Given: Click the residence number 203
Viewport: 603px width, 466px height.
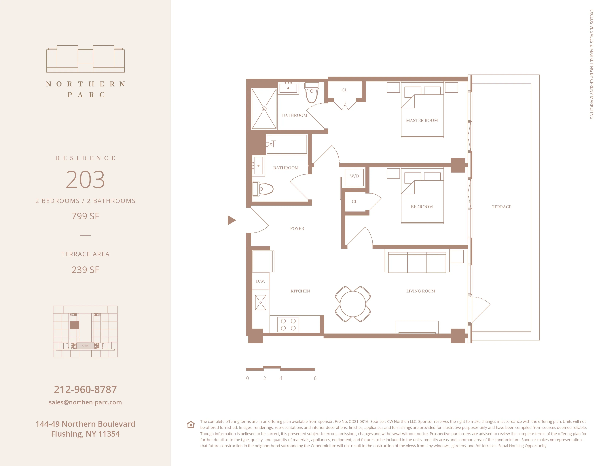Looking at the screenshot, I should [85, 180].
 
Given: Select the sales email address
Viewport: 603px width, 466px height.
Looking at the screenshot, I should [85, 402].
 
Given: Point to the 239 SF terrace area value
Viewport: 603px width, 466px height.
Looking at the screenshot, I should [85, 270].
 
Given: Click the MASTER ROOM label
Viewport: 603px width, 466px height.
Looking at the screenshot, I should [422, 120].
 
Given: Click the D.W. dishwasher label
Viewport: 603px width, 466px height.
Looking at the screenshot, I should [260, 281].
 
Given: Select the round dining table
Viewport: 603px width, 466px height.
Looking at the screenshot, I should [353, 304].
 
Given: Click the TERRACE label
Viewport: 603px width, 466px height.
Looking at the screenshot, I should [501, 207].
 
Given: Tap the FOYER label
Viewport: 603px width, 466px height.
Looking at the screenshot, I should [297, 229].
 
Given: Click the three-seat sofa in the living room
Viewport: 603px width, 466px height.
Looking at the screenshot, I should [417, 263].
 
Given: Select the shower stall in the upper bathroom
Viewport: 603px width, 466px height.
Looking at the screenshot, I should [264, 109].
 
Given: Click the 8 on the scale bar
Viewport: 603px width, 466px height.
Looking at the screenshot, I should [315, 378].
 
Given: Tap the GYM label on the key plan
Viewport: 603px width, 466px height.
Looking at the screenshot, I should [85, 346].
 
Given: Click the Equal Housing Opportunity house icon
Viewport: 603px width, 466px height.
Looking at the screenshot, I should [191, 424].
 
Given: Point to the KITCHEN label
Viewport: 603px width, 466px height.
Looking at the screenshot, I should [300, 291].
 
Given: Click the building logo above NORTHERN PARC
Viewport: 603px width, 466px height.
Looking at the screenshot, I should [85, 59].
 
